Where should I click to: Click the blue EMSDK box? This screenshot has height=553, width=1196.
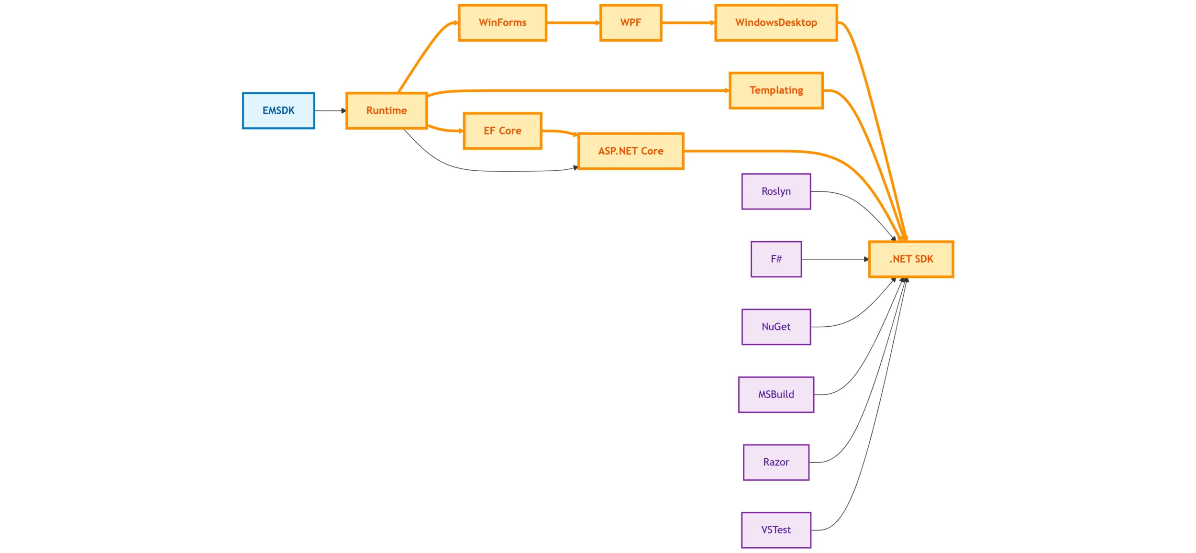pyautogui.click(x=278, y=111)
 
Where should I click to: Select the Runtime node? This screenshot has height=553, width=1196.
pyautogui.click(x=386, y=111)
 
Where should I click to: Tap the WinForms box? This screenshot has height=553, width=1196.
pyautogui.click(x=502, y=22)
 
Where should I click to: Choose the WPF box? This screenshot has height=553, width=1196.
pyautogui.click(x=631, y=22)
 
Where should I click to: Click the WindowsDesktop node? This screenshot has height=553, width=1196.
pyautogui.click(x=775, y=22)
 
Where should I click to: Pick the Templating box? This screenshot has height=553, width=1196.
pyautogui.click(x=775, y=90)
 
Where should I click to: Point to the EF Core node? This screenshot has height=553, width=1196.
pyautogui.click(x=502, y=131)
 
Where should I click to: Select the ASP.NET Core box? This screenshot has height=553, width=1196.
pyautogui.click(x=631, y=151)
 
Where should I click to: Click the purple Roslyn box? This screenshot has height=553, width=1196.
pyautogui.click(x=775, y=191)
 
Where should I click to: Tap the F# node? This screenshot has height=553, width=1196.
pyautogui.click(x=775, y=259)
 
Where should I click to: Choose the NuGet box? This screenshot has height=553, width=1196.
pyautogui.click(x=775, y=327)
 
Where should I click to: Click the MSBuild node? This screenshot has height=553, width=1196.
pyautogui.click(x=775, y=395)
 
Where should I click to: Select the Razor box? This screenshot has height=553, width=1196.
pyautogui.click(x=775, y=462)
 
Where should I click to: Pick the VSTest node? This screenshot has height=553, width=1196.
pyautogui.click(x=775, y=530)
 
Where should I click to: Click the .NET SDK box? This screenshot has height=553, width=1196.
pyautogui.click(x=911, y=259)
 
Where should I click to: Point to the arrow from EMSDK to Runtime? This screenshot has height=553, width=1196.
pyautogui.click(x=330, y=111)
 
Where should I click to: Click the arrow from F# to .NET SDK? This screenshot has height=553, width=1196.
pyautogui.click(x=835, y=259)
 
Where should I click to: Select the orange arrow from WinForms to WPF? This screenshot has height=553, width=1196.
pyautogui.click(x=573, y=22)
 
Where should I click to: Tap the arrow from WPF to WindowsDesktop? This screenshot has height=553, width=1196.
pyautogui.click(x=688, y=22)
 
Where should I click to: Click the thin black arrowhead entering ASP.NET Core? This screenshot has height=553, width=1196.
pyautogui.click(x=575, y=167)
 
